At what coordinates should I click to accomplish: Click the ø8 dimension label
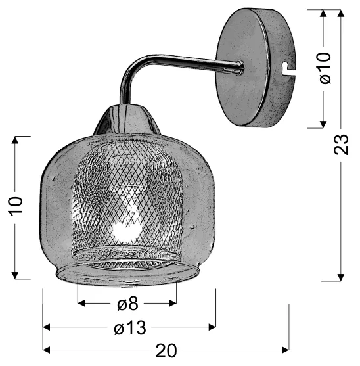(x=127, y=304)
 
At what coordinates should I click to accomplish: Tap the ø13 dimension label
(x=130, y=327)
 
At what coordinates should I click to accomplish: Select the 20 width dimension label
(x=166, y=350)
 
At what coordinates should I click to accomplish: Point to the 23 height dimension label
(x=341, y=145)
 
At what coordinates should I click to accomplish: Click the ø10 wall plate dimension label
(x=325, y=68)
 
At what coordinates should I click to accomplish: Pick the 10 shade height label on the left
(x=16, y=206)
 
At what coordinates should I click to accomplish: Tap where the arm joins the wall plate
(x=240, y=68)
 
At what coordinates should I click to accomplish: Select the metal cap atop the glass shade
(x=127, y=120)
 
